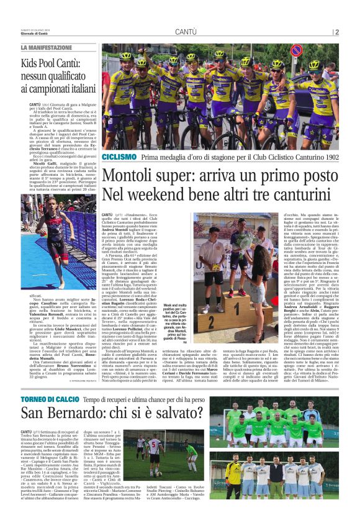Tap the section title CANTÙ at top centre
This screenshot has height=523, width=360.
(x=186, y=32)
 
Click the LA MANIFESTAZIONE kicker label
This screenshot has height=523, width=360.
(x=47, y=48)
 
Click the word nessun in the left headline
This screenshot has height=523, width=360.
(x=35, y=76)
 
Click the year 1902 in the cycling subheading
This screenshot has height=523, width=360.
(x=326, y=158)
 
